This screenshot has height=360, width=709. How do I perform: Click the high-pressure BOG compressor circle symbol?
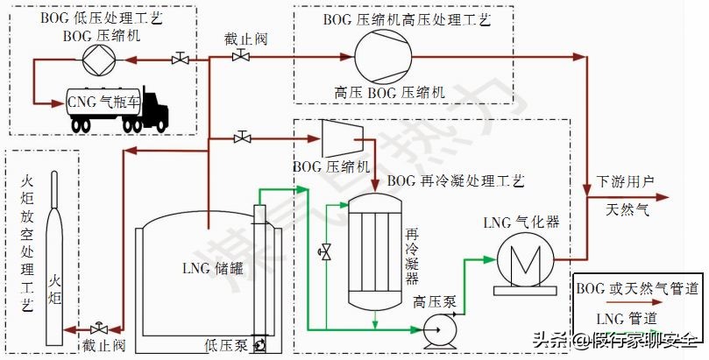[x=383, y=58]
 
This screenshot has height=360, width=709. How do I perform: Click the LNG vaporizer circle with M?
[x=522, y=260]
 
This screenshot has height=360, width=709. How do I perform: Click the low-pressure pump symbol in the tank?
[x=260, y=347]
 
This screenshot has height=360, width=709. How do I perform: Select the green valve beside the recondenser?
[x=325, y=252]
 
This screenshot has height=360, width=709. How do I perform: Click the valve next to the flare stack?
[x=101, y=328]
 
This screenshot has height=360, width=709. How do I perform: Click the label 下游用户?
[x=625, y=182]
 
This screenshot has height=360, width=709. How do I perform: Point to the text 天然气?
[x=628, y=210]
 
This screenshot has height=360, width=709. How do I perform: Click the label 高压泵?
[x=434, y=302]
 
